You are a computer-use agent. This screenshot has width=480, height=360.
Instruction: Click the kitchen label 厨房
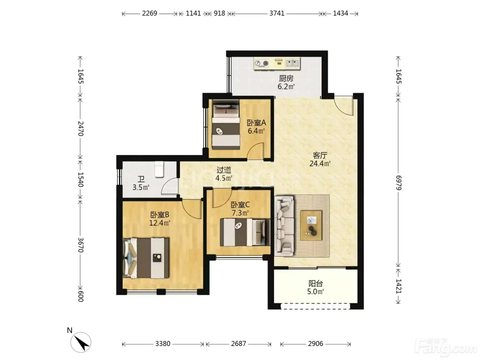pos(286,79)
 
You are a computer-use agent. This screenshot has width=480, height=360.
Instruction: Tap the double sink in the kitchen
pos(292,63)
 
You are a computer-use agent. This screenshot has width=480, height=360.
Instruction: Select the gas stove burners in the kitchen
pos(262,63)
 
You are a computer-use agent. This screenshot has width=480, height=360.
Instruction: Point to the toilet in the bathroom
pos(159,169)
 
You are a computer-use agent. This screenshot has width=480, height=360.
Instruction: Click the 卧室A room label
pos(256,123)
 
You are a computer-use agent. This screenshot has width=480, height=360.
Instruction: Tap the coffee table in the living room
pos(311,225)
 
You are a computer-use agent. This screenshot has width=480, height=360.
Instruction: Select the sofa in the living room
pos(284,226)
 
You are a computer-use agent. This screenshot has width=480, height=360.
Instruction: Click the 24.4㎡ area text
pos(320,164)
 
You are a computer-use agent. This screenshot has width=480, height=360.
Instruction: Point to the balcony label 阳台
pos(315,284)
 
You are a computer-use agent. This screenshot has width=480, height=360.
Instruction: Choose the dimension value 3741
pos(277,14)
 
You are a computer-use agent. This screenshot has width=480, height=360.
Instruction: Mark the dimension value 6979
pos(398,183)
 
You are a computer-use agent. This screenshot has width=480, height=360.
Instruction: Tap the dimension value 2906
pos(315,344)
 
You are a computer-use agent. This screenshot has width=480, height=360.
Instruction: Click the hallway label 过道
pos(224,170)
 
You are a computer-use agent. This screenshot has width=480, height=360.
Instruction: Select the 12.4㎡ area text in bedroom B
pos(160,223)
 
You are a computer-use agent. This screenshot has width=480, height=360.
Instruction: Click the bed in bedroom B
pos(146,258)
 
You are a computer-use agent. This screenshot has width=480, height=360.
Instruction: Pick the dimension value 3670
pos(81,245)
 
